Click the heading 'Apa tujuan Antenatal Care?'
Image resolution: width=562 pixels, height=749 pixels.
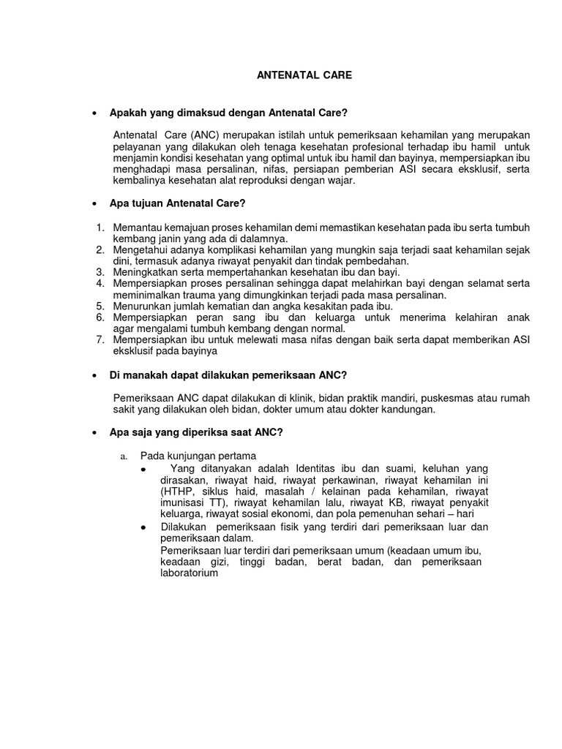pyautogui.click(x=182, y=203)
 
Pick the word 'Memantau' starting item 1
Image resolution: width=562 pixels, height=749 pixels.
pyautogui.click(x=136, y=227)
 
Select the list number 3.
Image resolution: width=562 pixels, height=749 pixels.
pyautogui.click(x=100, y=272)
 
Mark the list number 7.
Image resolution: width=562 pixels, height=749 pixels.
pyautogui.click(x=100, y=339)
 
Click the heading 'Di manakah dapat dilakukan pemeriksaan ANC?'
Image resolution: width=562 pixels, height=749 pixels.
pyautogui.click(x=228, y=374)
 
